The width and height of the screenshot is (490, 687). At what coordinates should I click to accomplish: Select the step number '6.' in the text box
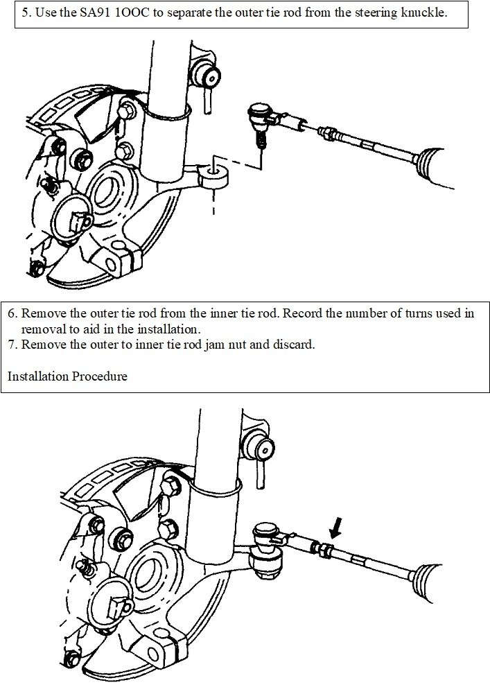coord(14,313)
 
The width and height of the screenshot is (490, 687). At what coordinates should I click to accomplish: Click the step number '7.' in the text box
coord(14,345)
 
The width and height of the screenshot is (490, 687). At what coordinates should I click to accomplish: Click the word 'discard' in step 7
coord(295,345)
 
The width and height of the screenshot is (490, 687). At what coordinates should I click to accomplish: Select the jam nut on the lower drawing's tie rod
coord(323,549)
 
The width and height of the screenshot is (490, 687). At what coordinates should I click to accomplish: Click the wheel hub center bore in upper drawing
coord(111,193)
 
